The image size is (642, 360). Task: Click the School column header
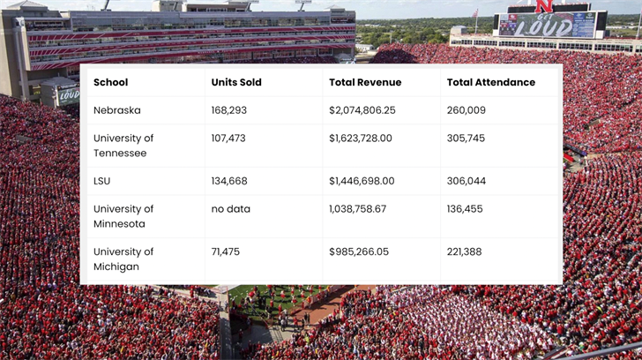111,82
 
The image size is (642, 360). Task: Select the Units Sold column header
236,82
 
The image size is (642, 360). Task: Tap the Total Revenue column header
365,82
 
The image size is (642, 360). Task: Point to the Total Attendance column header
490,82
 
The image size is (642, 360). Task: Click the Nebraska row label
117,110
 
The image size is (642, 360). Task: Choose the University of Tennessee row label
123,146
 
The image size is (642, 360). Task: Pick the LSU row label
102,181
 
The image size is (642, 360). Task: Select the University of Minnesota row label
123,216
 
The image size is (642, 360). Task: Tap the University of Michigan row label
123,259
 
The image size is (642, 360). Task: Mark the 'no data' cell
231,209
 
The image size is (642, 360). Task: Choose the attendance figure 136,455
466,209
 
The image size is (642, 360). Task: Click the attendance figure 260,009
467,110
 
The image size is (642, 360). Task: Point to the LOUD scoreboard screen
548,24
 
